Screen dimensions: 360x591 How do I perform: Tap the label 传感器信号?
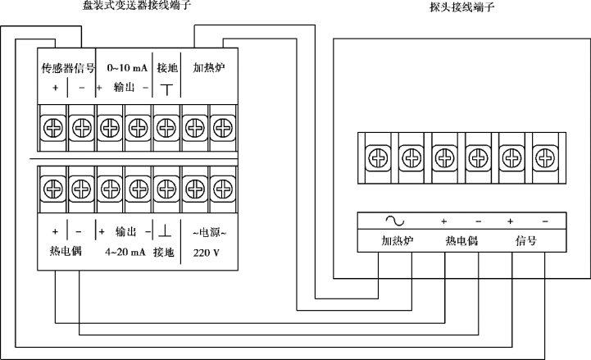click(68, 68)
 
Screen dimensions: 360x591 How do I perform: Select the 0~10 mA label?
click(124, 68)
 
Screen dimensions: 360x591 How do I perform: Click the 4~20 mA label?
click(125, 253)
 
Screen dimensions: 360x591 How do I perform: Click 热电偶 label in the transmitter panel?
click(66, 252)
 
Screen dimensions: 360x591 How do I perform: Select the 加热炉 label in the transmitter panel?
click(207, 68)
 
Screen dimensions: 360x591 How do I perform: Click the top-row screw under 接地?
click(166, 127)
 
